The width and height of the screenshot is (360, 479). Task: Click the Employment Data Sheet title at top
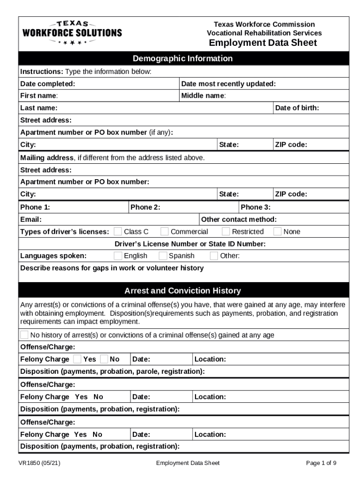click(263, 43)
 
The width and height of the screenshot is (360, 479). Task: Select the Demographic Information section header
click(183, 58)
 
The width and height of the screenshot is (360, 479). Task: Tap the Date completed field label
click(48, 84)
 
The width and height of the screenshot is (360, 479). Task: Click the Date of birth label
click(297, 108)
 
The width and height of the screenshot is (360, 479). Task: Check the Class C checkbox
click(118, 232)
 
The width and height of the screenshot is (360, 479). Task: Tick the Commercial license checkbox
click(165, 232)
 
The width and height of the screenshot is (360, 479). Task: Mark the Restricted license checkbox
click(226, 232)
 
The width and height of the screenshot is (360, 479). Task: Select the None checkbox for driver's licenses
click(278, 232)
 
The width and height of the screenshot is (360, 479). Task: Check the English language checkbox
click(118, 256)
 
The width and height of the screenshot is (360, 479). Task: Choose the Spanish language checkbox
click(163, 256)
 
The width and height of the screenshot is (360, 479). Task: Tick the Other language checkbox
click(214, 256)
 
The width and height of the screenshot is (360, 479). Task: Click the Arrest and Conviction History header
click(183, 291)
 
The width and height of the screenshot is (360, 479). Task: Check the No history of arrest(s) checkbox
click(24, 335)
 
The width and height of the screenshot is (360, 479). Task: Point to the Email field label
click(31, 219)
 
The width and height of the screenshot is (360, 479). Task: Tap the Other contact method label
click(238, 219)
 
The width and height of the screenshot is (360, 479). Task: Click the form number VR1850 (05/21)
click(39, 463)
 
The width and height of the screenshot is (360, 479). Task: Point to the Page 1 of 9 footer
click(321, 463)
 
